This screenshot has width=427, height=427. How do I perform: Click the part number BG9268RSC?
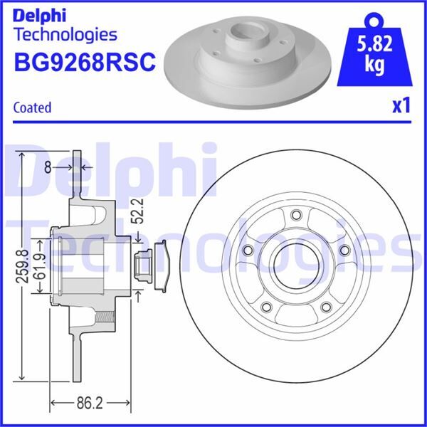(84, 62)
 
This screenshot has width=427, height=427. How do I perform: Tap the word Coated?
(33, 107)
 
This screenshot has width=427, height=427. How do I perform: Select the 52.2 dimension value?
(141, 211)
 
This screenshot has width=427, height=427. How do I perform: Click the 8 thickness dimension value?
(47, 167)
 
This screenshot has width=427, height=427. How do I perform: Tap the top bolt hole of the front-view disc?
(297, 216)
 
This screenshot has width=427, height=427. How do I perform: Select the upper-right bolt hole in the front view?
(345, 251)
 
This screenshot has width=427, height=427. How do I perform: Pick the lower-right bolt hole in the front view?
(327, 307)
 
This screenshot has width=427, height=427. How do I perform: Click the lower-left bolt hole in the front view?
(267, 307)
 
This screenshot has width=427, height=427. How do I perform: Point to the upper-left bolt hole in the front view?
(248, 251)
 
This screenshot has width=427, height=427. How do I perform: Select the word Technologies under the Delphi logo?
(65, 33)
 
